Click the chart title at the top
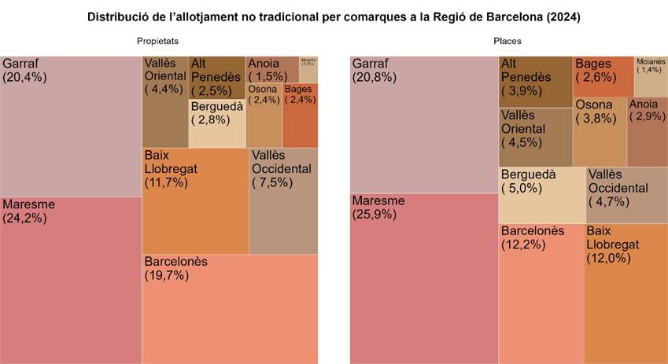pos(334,17)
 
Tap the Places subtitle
pos(507,41)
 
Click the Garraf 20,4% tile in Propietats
pos(71,126)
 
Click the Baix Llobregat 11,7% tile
pos(194,200)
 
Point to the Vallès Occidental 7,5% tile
pos(283,200)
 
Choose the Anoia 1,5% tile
pos(271,69)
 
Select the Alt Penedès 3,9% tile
pos(535,81)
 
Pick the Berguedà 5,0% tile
pos(542,194)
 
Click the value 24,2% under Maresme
pos(25,219)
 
